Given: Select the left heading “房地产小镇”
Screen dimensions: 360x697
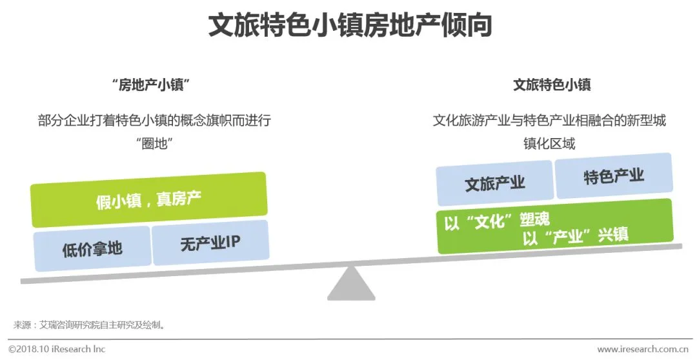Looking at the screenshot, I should tap(154, 85).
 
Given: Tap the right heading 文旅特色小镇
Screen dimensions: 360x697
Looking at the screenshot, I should tap(552, 85).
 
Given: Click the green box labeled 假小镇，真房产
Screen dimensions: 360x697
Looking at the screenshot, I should tap(148, 199).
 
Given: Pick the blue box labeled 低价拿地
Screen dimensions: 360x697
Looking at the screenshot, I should tap(92, 248).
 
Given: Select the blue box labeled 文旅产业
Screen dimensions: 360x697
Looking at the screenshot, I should tap(494, 183).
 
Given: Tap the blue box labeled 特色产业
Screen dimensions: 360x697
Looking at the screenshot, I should tap(614, 175).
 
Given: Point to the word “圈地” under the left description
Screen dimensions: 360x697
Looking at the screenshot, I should tap(154, 143).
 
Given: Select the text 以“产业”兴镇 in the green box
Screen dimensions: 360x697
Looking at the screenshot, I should tap(575, 236).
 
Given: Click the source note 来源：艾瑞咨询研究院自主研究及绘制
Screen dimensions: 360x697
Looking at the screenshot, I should tap(90, 324).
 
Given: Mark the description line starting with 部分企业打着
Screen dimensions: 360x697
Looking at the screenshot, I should tap(154, 121).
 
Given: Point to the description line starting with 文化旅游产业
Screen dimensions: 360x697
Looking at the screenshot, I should tap(549, 121).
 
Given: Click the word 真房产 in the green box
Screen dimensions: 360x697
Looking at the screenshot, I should tap(178, 198).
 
